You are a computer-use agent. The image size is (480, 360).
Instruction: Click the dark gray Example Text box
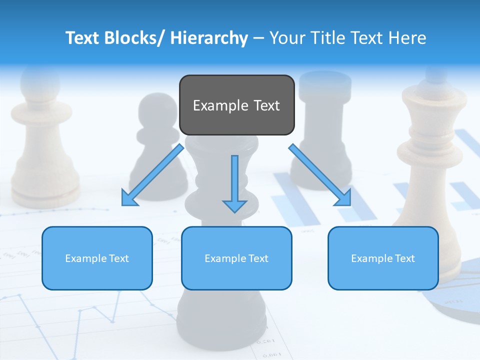[x=236, y=105]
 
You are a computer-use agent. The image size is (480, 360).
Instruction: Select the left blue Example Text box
[x=97, y=258]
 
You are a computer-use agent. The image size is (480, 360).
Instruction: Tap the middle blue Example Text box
[x=236, y=258]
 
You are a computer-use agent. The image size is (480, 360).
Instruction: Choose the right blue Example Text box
[x=383, y=258]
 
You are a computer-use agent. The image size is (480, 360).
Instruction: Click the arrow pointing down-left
[x=152, y=175]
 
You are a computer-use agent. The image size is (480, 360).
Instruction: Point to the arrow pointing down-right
[x=320, y=175]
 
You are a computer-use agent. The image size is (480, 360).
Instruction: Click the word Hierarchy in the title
[x=209, y=38]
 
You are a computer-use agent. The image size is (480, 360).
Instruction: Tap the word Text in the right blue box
[x=404, y=258]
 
